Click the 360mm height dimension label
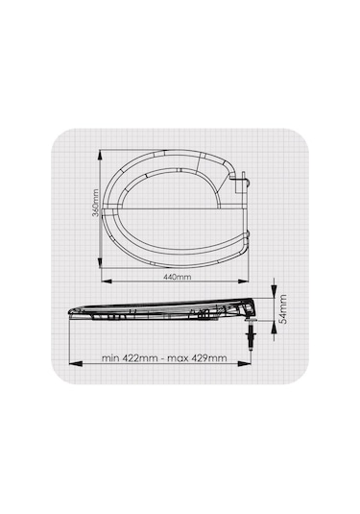[x=96, y=203]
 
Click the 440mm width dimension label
[x=177, y=277]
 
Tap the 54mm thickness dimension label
[x=282, y=309]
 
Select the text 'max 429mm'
[x=197, y=357]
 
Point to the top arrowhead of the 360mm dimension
[x=100, y=156]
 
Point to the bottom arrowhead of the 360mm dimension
[x=100, y=262]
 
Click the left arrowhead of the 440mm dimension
[x=107, y=281]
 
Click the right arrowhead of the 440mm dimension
[x=243, y=281]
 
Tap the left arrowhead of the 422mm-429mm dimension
[x=76, y=363]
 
